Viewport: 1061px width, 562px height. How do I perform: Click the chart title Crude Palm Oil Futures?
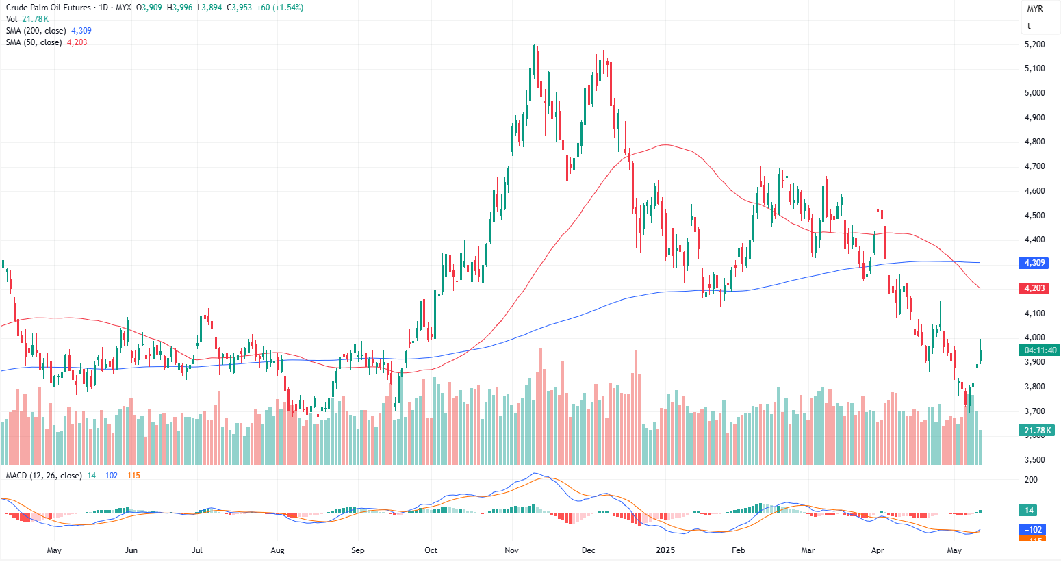(x=48, y=8)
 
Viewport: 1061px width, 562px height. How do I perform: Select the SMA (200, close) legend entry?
(x=36, y=31)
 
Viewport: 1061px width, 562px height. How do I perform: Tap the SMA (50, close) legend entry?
(x=34, y=42)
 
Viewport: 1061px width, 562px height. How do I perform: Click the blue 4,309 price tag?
(x=1034, y=263)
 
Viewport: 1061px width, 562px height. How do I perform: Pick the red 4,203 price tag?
(x=1034, y=288)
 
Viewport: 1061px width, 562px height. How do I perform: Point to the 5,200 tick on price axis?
(x=1034, y=44)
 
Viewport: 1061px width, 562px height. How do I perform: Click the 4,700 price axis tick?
(x=1034, y=166)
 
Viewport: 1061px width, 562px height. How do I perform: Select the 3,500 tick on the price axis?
(x=1034, y=460)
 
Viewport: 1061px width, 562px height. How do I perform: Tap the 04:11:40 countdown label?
(x=1039, y=350)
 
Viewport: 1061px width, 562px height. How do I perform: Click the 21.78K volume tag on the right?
(x=1038, y=431)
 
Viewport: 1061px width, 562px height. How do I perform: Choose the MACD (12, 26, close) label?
(x=44, y=476)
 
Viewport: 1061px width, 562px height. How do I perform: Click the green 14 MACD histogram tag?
(x=1029, y=510)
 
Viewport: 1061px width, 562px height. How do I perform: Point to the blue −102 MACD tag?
(x=1032, y=529)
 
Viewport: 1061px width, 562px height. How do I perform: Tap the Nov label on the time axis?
(x=511, y=550)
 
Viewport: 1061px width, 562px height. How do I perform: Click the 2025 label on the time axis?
(x=665, y=550)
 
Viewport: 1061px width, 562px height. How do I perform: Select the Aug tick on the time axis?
(x=277, y=550)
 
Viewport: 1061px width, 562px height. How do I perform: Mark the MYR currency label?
(x=1034, y=9)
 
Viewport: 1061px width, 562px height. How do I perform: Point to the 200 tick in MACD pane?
(x=1031, y=480)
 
